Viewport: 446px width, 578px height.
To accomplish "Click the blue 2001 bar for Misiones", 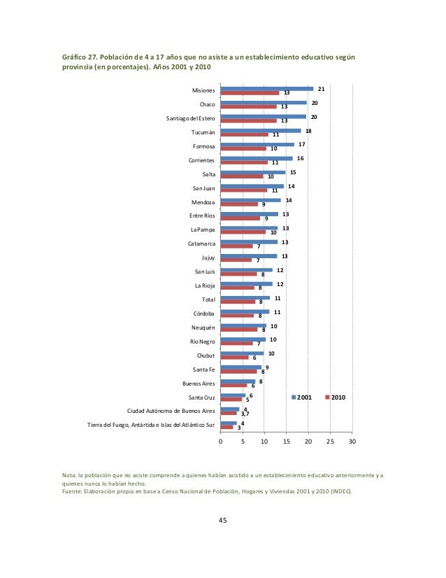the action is point(267,89).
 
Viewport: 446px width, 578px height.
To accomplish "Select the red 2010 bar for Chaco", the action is point(249,107).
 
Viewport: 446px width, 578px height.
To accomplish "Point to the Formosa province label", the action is point(203,146).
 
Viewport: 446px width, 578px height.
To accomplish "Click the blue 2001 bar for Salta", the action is point(253,173).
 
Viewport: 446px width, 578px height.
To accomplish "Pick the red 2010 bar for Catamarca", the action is point(237,246).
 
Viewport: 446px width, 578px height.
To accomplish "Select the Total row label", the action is point(208,299).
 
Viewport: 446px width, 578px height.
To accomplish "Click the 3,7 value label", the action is point(245,414).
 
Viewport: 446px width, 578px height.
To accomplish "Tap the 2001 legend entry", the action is point(301,397).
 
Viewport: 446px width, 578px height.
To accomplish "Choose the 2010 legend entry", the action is point(336,397).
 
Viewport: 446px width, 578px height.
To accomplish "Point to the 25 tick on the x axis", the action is point(331,442).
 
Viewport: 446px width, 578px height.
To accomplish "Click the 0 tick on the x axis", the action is point(221,442).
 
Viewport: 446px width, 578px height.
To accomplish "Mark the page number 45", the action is point(223,520).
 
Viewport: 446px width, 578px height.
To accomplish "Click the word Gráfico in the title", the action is point(73,57).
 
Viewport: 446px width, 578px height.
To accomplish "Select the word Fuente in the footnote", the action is point(71,491).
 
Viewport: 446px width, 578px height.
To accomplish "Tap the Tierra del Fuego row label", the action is point(151,425).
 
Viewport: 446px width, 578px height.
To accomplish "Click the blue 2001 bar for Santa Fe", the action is point(241,367).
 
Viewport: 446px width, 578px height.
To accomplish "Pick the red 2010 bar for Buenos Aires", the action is point(234,386).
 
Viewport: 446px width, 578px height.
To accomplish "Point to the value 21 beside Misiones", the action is point(321,89).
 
